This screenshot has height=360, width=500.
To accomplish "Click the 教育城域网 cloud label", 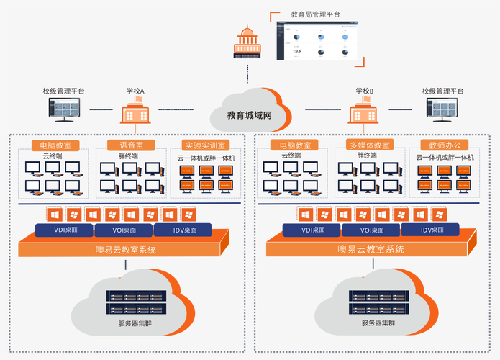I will (249, 114).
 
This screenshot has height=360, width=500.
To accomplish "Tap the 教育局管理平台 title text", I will (315, 14).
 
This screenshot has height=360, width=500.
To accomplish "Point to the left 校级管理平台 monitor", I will (63, 109).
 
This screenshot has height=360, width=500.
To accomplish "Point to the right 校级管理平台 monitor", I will (442, 109).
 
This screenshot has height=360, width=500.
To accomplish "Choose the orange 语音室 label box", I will (130, 145).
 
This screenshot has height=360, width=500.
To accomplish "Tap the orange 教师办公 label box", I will (443, 145).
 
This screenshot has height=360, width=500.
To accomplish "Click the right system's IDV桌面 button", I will (437, 230).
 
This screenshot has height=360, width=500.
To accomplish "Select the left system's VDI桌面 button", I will (63, 230).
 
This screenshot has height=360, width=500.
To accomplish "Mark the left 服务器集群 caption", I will (135, 323).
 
